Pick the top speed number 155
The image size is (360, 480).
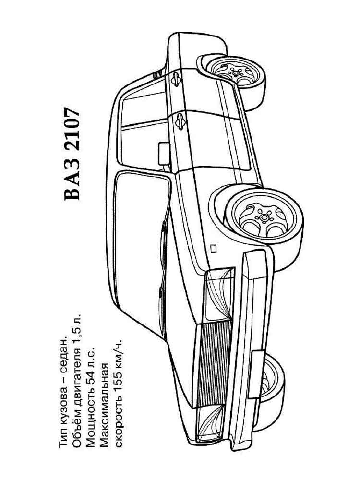118,389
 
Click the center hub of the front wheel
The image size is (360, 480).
264,217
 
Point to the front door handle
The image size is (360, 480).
180,121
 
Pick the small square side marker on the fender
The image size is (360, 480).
214,249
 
